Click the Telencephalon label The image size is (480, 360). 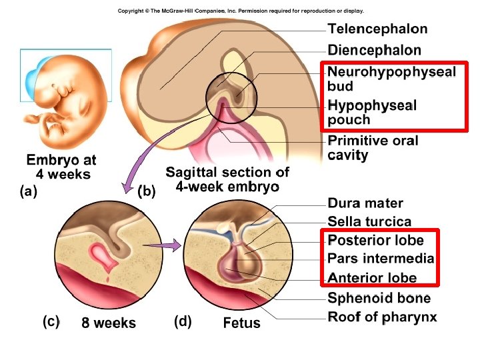pos(377,29)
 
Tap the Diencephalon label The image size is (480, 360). pos(374,50)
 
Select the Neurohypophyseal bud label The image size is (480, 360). pos(391,79)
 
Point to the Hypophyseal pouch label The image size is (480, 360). pos(372,113)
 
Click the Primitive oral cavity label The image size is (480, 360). pos(373,148)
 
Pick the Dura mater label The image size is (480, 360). pos(365,203)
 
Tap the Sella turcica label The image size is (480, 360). pos(369,221)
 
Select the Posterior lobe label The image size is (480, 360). pos(375,240)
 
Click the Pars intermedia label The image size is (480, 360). pos(381,259)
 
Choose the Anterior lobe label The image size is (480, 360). pos(372,278)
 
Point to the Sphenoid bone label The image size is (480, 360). pos(379,298)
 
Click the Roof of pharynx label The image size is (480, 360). pos(382,317)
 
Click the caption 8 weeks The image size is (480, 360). pos(109,323)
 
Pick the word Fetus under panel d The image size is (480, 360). pos(242,324)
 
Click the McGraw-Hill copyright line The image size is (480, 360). pos(241,11)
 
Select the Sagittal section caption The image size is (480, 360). pos(227,179)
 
